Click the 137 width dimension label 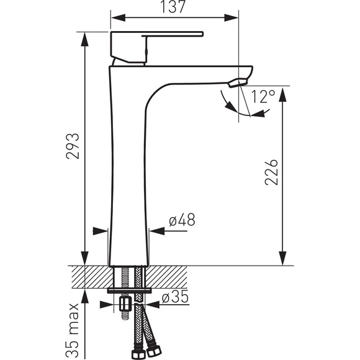click(173, 7)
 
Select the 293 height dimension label click(73, 146)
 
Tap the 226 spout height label click(271, 172)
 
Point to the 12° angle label click(263, 96)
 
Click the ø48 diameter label click(182, 220)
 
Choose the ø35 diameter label click(175, 297)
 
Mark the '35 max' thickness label click(73, 330)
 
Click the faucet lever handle click(157, 47)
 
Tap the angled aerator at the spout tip click(238, 83)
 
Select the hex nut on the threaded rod click(125, 304)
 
